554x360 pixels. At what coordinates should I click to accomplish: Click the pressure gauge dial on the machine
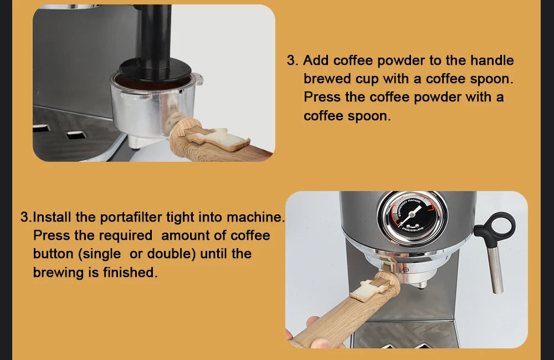[x=412, y=217]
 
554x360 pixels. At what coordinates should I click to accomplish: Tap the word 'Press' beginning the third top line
[x=322, y=97]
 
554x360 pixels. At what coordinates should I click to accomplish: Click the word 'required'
[x=125, y=235]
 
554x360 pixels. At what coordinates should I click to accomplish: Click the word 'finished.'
[x=130, y=272]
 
